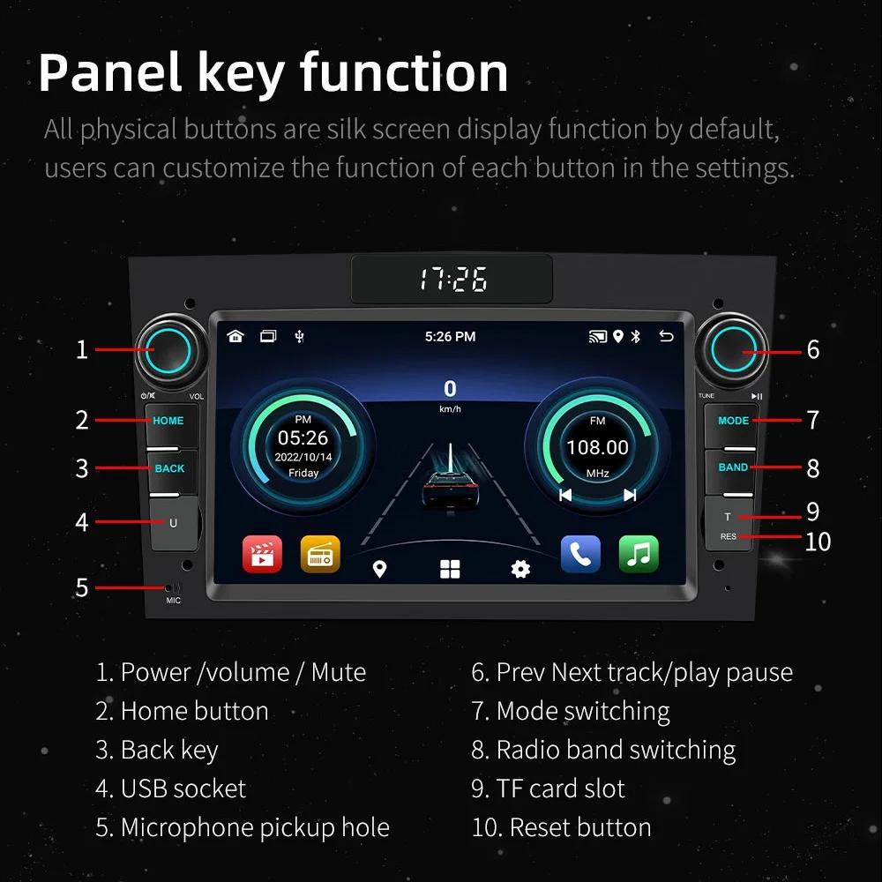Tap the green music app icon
click(x=639, y=554)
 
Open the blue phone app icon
click(x=580, y=554)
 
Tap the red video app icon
click(x=262, y=554)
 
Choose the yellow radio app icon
click(x=319, y=554)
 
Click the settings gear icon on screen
click(x=520, y=569)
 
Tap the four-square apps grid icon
click(x=450, y=569)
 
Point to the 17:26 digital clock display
click(x=452, y=280)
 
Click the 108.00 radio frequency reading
click(x=597, y=447)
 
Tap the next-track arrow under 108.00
click(x=630, y=495)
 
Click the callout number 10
click(x=818, y=541)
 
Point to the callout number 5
click(x=81, y=587)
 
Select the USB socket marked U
click(x=173, y=522)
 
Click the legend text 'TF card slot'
click(x=560, y=788)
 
